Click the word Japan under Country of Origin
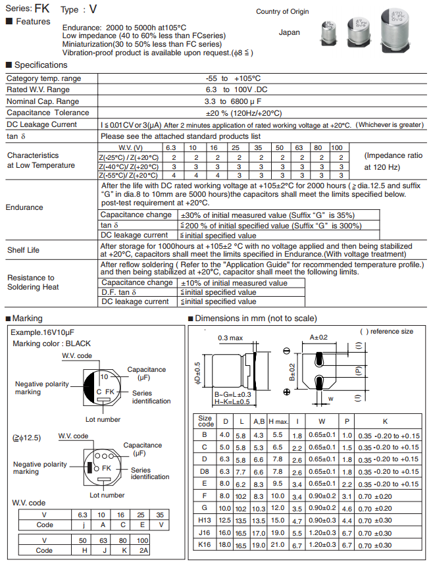click(289, 32)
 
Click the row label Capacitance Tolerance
click(48, 113)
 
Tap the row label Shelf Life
click(23, 250)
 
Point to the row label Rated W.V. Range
click(38, 90)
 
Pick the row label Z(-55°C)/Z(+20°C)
click(128, 176)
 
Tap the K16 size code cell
click(205, 545)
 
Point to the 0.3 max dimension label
click(230, 338)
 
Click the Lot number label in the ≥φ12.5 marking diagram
click(107, 495)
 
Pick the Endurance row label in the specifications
click(24, 207)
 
